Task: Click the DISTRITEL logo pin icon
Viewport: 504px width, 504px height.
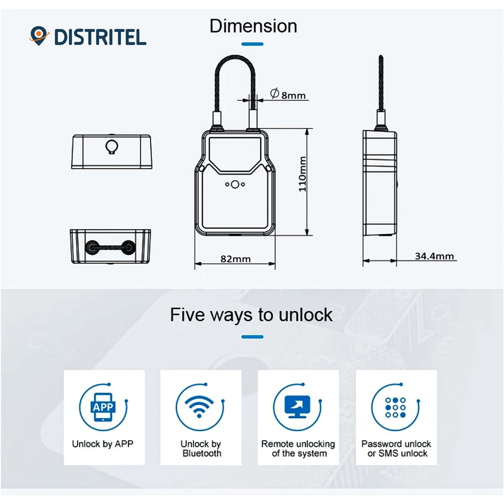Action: click(39, 36)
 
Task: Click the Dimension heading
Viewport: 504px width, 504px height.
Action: click(253, 26)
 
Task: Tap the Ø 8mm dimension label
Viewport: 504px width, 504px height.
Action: click(287, 94)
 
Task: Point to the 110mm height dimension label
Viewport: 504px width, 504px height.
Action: click(302, 174)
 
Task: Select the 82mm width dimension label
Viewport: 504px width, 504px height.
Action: click(235, 259)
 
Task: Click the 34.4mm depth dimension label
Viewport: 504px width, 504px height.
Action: click(434, 256)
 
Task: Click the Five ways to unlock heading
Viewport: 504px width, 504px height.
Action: click(251, 315)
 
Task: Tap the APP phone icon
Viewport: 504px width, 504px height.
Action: click(103, 407)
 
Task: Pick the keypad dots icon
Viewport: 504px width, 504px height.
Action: click(395, 407)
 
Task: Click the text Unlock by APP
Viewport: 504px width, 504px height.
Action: click(102, 444)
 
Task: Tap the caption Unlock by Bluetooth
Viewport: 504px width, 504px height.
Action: click(201, 449)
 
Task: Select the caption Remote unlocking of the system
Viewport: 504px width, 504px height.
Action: click(298, 449)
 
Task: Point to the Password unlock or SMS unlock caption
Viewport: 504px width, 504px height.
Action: click(396, 449)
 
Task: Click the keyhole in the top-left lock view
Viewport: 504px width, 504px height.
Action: click(112, 147)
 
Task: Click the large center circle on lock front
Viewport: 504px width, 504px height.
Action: click(235, 184)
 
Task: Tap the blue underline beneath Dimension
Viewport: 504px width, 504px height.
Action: click(252, 44)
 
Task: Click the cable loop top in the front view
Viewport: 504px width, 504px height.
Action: click(235, 57)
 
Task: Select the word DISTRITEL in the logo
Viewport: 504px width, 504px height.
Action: click(100, 37)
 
